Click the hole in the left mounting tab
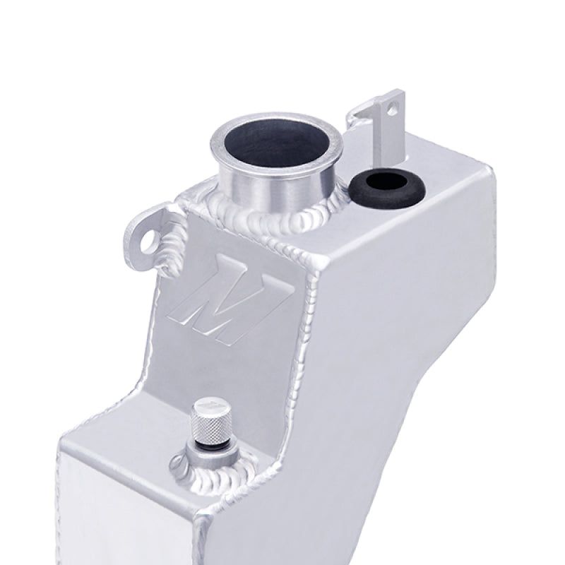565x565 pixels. point(148,238)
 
